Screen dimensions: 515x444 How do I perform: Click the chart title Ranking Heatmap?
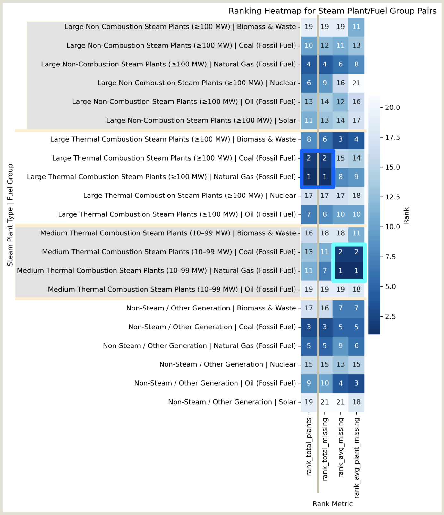pos(332,11)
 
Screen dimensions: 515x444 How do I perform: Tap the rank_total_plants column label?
pos(309,446)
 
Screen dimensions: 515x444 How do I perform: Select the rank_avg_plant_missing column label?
pos(357,458)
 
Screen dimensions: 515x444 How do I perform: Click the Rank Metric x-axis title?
pos(332,504)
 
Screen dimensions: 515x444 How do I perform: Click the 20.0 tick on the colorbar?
pos(392,108)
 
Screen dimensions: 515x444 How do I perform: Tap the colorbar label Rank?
pos(406,216)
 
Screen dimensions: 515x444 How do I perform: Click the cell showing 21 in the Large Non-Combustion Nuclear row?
pos(356,83)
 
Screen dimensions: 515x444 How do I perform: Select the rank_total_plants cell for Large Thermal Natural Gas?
pos(309,177)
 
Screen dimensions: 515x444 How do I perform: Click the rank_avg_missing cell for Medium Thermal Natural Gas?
pos(340,271)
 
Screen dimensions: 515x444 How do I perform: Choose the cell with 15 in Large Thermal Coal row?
pos(340,158)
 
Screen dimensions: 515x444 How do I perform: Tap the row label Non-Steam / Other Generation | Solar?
pos(232,402)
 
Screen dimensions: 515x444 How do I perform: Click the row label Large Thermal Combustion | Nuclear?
pos(189,196)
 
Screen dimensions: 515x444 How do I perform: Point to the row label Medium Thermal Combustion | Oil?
pos(172,289)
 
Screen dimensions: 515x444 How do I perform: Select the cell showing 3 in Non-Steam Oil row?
pos(356,383)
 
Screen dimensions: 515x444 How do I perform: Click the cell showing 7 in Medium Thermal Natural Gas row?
pos(325,271)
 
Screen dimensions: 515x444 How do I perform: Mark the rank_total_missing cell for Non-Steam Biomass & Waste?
pos(325,308)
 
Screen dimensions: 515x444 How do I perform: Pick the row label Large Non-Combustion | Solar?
pos(201,120)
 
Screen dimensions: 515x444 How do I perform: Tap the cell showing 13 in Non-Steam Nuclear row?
pos(340,364)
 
